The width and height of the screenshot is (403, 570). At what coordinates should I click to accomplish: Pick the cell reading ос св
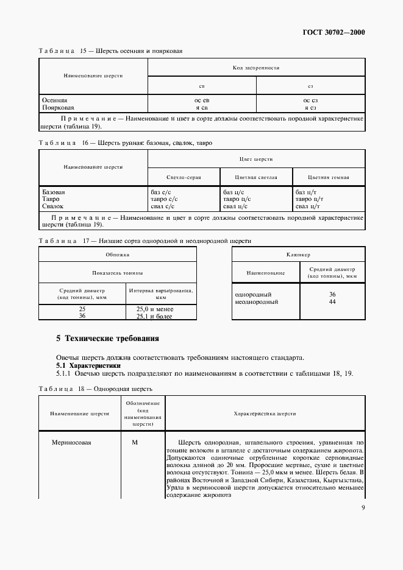click(202, 99)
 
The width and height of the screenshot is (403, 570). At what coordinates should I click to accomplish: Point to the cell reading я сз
click(310, 107)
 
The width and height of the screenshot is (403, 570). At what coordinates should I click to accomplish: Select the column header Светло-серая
click(184, 177)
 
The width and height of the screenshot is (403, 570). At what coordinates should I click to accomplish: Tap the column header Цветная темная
click(328, 177)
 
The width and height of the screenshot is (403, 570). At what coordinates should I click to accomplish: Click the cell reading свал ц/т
click(307, 206)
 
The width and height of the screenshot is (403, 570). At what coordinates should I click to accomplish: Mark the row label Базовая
click(53, 192)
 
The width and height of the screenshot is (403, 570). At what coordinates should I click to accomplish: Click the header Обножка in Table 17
click(117, 255)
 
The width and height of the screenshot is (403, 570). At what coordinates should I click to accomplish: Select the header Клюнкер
click(298, 255)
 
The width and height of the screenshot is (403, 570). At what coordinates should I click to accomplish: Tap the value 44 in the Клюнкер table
click(332, 301)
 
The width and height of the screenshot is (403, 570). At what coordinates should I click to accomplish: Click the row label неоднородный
click(257, 301)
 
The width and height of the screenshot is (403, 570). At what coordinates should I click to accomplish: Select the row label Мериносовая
click(72, 442)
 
